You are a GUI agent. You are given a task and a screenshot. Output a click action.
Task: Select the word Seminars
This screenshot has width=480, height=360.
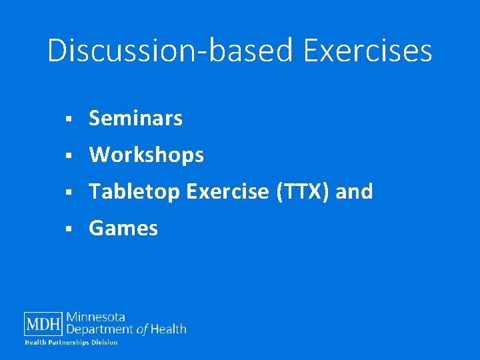tap(135, 119)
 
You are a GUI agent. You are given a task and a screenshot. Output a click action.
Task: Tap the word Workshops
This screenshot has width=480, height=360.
tap(146, 155)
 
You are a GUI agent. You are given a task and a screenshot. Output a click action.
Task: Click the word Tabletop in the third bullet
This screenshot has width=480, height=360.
tap(135, 192)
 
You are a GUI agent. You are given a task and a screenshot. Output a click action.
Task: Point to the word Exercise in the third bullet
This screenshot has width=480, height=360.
tap(228, 192)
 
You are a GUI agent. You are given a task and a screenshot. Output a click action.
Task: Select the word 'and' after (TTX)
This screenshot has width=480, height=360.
tap(354, 192)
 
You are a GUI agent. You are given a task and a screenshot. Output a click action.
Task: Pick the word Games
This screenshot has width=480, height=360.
tap(123, 229)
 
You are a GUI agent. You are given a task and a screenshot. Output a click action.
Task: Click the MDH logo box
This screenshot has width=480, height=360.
tap(43, 325)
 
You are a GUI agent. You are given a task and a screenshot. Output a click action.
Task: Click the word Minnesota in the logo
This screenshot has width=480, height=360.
tap(95, 317)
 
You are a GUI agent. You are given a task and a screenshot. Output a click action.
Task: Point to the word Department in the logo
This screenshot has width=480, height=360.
tap(100, 329)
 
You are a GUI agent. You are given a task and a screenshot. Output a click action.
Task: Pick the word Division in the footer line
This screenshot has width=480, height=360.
tap(104, 343)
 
